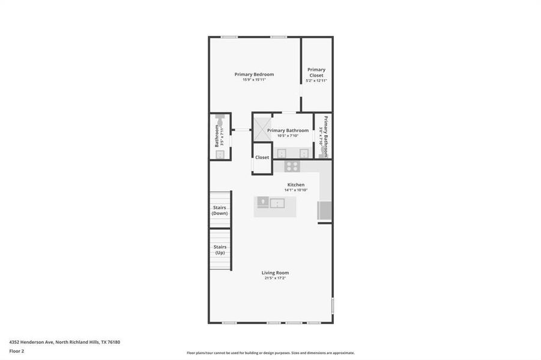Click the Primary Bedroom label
click(x=254, y=74)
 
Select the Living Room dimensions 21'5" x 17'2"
click(x=275, y=278)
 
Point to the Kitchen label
click(x=295, y=185)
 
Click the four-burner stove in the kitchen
click(x=292, y=166)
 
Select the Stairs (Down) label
click(x=220, y=211)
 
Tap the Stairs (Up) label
click(x=220, y=250)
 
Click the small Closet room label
click(x=262, y=157)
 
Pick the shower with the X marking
click(x=262, y=128)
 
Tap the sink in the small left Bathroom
click(x=220, y=154)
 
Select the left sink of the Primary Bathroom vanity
click(x=282, y=153)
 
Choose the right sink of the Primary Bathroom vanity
click(x=303, y=153)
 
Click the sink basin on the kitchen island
click(x=277, y=203)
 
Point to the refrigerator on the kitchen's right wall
click(x=324, y=211)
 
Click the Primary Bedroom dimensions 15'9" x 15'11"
click(x=254, y=80)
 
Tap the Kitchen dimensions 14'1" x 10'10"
click(x=295, y=190)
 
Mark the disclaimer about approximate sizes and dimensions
click(x=270, y=353)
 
